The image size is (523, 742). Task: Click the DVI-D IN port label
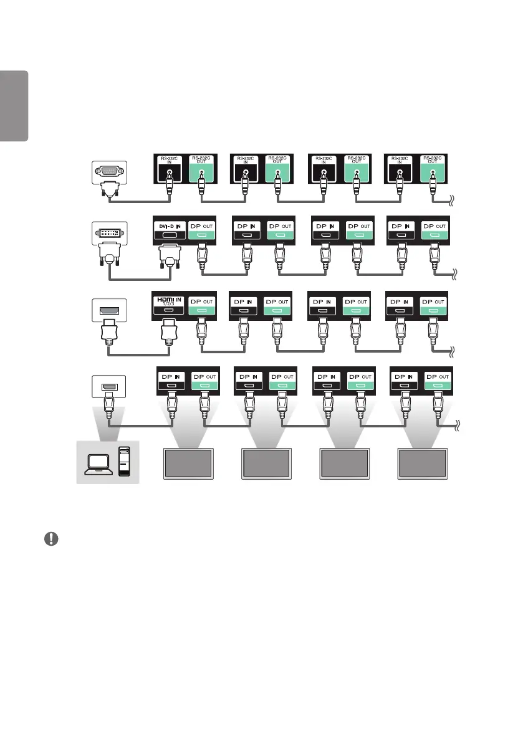tap(168, 227)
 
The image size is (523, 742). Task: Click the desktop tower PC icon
tap(125, 462)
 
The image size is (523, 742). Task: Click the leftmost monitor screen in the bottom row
tap(188, 464)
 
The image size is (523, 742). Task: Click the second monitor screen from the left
tap(266, 464)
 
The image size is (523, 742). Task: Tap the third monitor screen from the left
tap(345, 464)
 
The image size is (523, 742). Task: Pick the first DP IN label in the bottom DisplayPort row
tap(171, 378)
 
